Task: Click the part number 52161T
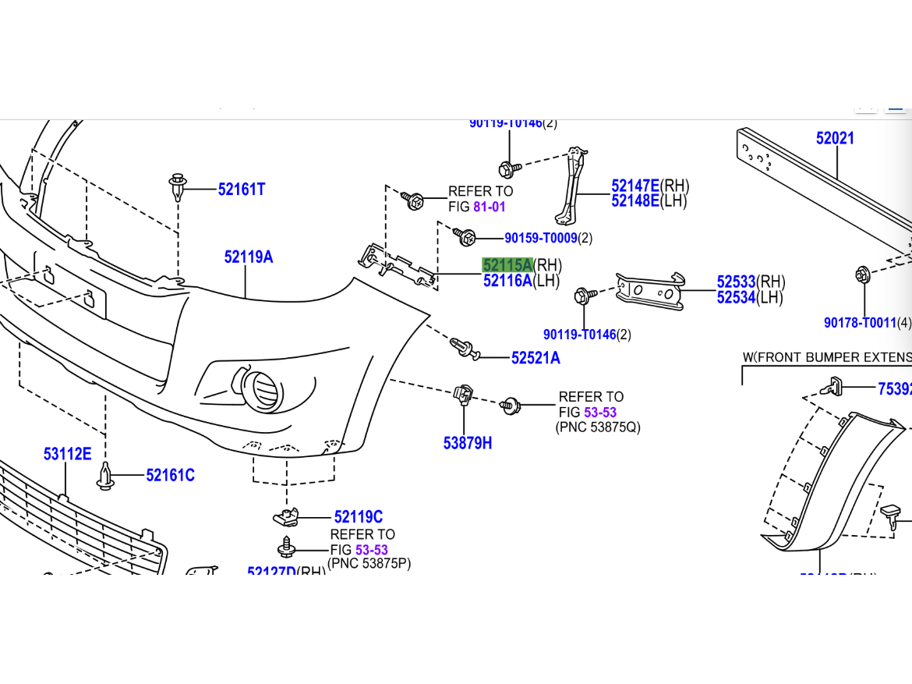click(241, 190)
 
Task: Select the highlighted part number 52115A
click(507, 265)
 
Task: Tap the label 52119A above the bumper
click(249, 257)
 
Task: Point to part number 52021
click(835, 138)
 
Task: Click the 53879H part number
click(468, 443)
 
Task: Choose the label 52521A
click(536, 358)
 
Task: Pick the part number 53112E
click(67, 454)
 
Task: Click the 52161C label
click(170, 475)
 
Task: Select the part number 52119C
click(359, 516)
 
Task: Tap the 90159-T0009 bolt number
click(540, 238)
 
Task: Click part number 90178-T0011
click(861, 323)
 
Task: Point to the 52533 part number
click(737, 282)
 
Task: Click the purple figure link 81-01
click(490, 207)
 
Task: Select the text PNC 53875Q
click(598, 427)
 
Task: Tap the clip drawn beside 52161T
click(179, 188)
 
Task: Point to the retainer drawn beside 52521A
click(464, 348)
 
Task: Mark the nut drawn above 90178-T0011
click(862, 275)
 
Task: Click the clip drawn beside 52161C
click(107, 477)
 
